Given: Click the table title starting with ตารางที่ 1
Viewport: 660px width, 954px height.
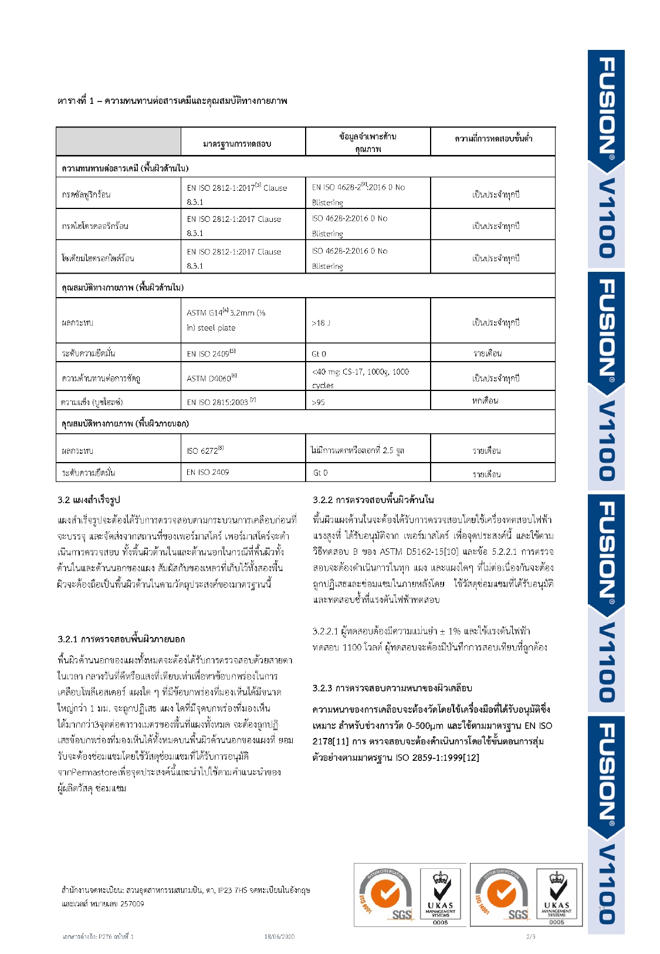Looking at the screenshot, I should (x=172, y=101).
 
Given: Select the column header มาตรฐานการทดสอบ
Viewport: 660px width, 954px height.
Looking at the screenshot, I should (x=237, y=144).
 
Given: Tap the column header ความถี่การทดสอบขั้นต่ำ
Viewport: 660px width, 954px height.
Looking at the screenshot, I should (x=493, y=139).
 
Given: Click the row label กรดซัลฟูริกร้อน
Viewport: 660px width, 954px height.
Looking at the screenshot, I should (x=86, y=194).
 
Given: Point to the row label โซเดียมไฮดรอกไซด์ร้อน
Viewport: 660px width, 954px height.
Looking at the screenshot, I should (x=98, y=258).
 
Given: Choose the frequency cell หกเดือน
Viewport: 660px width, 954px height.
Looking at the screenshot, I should (x=485, y=401).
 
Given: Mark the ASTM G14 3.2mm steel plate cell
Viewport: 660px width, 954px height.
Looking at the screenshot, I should (x=226, y=320).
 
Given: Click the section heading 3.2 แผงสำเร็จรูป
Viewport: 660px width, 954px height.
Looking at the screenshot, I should (x=89, y=500).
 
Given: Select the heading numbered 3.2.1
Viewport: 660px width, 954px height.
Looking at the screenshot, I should (x=121, y=639).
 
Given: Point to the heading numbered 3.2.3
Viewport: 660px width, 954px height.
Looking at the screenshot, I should (x=392, y=687).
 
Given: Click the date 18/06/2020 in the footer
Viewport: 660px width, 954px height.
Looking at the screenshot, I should (x=279, y=936).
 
